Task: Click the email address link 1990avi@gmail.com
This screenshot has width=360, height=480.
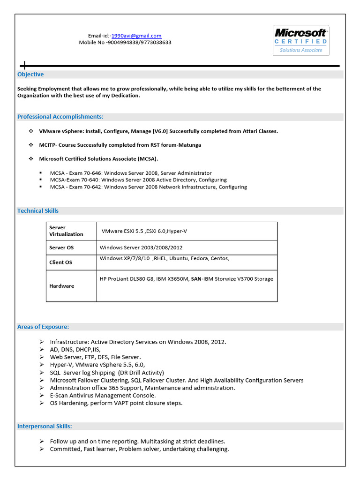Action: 136,36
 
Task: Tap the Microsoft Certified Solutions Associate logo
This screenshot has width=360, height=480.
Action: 301,41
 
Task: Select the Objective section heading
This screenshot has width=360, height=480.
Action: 30,75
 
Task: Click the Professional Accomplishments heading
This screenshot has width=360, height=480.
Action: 60,117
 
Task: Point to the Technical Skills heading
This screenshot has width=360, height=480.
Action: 38,211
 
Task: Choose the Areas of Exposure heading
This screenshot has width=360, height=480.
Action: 43,327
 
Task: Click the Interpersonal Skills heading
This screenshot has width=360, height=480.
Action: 45,426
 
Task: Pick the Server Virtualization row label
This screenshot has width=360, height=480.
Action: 66,231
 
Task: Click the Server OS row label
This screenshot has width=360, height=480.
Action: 61,247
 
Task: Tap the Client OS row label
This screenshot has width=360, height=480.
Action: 60,262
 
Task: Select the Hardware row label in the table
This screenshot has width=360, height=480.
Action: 61,286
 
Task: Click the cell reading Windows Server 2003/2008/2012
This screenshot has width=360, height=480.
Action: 141,247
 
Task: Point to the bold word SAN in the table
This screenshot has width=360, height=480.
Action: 196,279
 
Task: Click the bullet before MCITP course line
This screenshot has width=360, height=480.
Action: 30,145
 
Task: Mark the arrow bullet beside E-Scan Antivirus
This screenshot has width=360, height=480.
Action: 42,396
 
